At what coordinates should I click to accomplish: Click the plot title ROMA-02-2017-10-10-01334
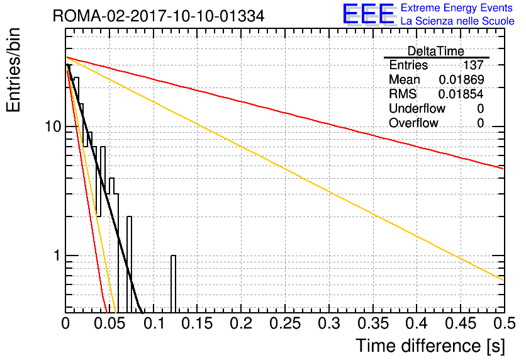159,16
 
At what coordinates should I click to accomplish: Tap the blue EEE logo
369,14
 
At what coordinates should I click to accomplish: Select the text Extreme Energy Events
457,8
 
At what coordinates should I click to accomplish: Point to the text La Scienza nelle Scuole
457,21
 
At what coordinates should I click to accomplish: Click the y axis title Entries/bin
14,70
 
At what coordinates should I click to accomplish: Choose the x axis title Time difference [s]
430,346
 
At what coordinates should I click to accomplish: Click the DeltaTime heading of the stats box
436,51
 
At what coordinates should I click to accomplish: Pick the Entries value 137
473,65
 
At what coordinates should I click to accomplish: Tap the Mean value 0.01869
461,79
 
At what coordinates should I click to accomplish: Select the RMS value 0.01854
461,94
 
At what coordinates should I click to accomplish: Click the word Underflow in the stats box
417,108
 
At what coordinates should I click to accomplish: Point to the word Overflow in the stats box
413,123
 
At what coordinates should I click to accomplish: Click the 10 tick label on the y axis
53,127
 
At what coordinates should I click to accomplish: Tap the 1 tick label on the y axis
57,256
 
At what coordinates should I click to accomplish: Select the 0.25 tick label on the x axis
285,323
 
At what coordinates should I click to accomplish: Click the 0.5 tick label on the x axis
504,323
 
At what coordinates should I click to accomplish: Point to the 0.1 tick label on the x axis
154,323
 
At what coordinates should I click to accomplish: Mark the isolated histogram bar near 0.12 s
173,284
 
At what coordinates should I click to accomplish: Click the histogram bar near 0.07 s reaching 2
129,265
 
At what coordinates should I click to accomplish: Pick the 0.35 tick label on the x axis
373,323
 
